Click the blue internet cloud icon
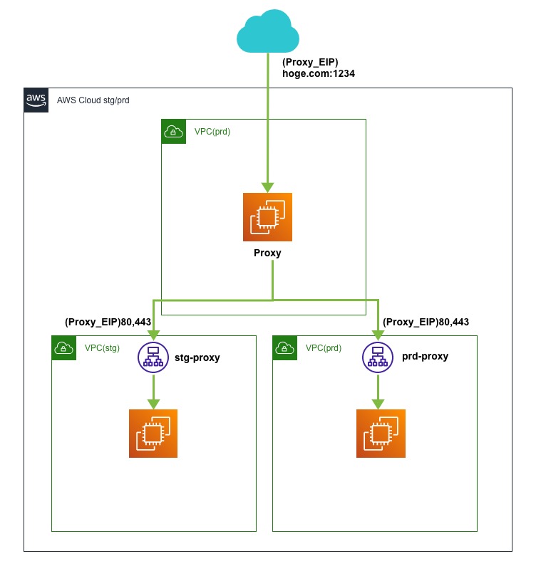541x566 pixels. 267,32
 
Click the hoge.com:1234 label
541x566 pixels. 319,73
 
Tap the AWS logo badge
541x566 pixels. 36,100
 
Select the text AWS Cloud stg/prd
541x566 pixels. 93,100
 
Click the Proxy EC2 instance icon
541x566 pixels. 267,217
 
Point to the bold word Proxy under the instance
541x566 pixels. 267,253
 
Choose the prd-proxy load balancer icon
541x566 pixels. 378,357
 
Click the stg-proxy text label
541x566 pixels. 197,357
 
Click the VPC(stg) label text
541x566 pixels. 102,348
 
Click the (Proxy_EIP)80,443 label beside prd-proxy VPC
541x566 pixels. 426,323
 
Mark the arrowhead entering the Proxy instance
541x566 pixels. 267,187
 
